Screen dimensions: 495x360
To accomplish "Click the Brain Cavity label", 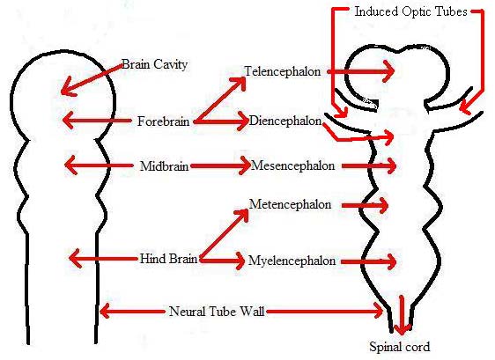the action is click(x=154, y=64).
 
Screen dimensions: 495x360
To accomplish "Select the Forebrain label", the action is click(x=163, y=121).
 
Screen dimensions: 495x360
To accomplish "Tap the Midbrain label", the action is click(x=164, y=166).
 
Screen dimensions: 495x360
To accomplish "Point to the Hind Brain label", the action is click(x=168, y=259).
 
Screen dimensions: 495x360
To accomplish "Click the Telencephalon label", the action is click(x=283, y=71).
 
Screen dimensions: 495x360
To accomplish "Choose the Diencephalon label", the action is click(x=285, y=121).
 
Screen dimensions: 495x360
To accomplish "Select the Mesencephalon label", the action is click(x=292, y=165).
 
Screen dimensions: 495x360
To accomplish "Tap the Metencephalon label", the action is click(x=290, y=204).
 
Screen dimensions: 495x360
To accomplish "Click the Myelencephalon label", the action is click(x=292, y=261).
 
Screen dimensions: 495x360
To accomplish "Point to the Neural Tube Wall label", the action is click(x=217, y=312).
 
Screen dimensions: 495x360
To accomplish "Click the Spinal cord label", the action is click(x=399, y=347).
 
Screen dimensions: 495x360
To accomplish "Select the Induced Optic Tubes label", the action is click(x=410, y=11).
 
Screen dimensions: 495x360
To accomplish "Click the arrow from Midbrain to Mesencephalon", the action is click(x=221, y=165).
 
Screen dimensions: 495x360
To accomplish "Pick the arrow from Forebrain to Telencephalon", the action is click(x=220, y=99).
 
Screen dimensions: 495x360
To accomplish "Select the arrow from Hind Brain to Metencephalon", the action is click(x=224, y=233).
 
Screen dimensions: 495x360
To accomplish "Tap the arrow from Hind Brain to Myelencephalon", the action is click(x=223, y=261).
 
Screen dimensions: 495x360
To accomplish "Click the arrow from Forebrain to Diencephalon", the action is click(x=222, y=121).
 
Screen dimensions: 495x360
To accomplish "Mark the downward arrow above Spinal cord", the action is click(x=402, y=314).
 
